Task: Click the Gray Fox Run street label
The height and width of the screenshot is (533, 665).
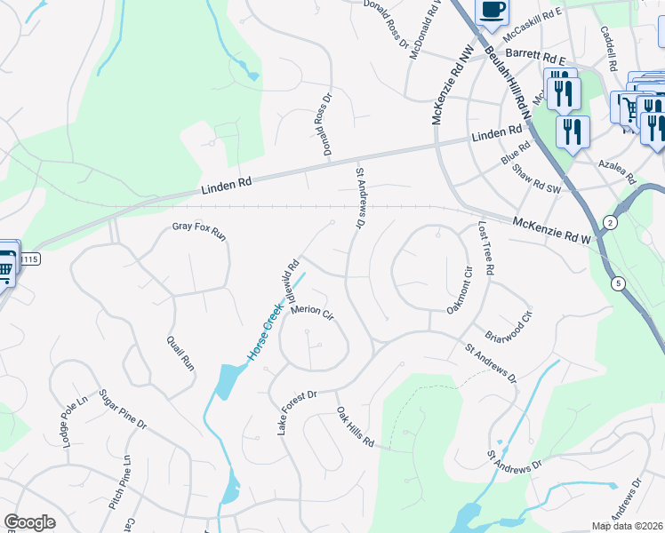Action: point(200,232)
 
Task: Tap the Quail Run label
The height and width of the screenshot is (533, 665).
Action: point(180,353)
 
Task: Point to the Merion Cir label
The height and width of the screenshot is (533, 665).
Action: point(311,313)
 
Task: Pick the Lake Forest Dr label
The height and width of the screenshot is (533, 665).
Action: point(298,411)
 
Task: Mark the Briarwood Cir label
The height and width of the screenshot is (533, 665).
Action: point(509,328)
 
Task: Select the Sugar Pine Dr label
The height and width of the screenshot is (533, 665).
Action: point(123,410)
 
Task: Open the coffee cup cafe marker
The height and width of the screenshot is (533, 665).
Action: point(492,10)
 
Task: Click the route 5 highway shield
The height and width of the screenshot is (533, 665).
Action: point(617,282)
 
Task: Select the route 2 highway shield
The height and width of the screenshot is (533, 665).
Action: point(610,221)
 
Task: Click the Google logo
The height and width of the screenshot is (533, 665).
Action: point(29,522)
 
